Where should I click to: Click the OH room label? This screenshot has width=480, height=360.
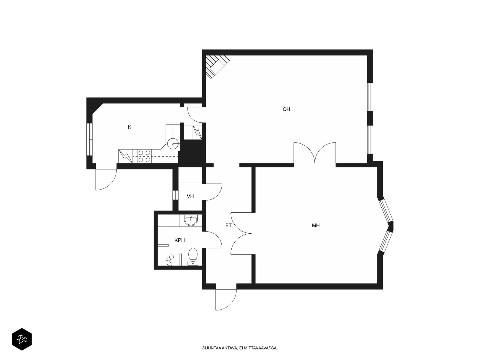click(x=286, y=109)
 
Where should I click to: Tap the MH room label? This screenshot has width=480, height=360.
click(x=316, y=225)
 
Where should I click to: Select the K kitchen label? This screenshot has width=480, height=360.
click(x=130, y=127)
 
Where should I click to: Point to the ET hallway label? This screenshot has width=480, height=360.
click(x=229, y=225)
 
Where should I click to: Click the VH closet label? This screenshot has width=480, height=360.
click(x=190, y=196)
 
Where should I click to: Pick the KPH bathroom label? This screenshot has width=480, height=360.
click(x=179, y=240)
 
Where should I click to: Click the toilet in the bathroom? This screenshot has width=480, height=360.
click(x=193, y=256)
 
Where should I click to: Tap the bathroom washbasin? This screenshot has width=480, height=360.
click(x=191, y=220)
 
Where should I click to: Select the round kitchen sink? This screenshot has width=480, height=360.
click(x=173, y=144)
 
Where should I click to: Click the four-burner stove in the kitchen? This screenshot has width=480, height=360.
click(x=144, y=156)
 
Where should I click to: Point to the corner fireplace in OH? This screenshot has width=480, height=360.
click(x=217, y=66)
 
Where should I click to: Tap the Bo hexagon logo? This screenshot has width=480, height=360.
click(x=22, y=339)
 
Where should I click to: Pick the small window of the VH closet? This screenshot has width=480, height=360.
click(x=175, y=195)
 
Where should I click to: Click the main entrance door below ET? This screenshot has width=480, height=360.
click(x=226, y=299)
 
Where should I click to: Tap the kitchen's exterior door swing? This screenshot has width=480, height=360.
click(x=106, y=179)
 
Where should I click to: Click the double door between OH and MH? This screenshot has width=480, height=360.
click(x=315, y=153)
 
